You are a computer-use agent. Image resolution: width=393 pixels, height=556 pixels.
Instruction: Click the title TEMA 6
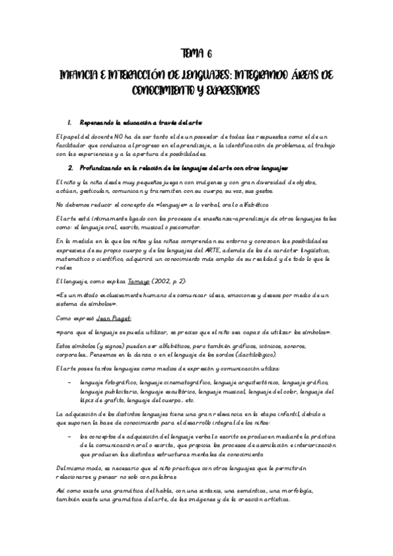coord(196,54)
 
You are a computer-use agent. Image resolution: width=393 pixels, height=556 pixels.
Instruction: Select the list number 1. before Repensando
coord(70,123)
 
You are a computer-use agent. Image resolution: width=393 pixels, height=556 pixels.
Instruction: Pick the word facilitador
coord(55,145)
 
